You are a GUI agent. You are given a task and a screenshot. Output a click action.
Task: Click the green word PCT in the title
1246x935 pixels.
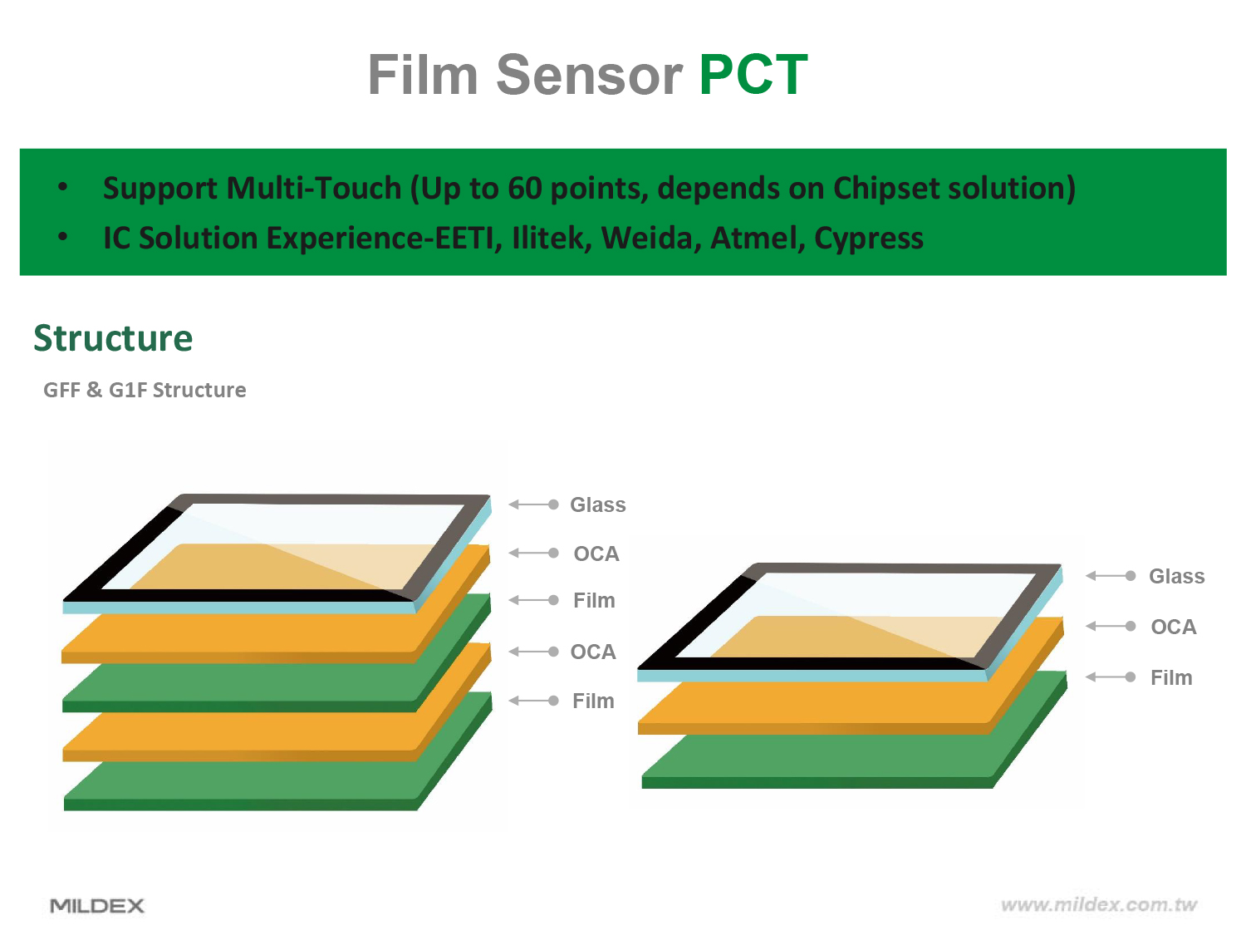pos(753,74)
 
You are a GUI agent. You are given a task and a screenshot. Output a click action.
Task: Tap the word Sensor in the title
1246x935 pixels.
pos(589,74)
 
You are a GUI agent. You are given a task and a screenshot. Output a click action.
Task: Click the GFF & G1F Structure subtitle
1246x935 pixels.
pos(145,390)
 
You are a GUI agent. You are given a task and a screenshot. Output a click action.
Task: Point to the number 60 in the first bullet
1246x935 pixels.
pos(525,188)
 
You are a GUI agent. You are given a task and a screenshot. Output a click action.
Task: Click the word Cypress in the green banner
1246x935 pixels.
pos(869,239)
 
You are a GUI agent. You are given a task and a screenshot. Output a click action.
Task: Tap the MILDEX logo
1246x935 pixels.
pos(97,905)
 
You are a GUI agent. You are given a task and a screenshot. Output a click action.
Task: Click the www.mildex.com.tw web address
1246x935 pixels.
pos(1098,904)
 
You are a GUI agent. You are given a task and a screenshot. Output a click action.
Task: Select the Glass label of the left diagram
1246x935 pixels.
pos(598,504)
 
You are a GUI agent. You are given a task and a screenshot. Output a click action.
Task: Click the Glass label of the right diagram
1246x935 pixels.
pos(1176,576)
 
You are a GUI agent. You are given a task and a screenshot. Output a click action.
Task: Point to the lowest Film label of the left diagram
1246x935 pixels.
pos(593,701)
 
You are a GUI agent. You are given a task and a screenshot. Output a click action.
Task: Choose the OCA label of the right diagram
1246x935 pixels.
pos(1174,627)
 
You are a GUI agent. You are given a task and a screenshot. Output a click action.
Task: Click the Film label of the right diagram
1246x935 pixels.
pos(1171,677)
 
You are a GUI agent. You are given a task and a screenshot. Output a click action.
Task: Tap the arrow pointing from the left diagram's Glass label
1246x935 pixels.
pos(533,504)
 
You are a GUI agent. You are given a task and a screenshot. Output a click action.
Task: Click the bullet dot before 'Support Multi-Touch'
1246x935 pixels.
pos(63,186)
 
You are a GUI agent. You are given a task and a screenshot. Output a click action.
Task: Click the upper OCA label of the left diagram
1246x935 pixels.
pos(596,554)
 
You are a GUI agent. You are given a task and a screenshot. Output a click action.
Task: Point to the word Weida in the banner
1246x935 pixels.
pos(647,238)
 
